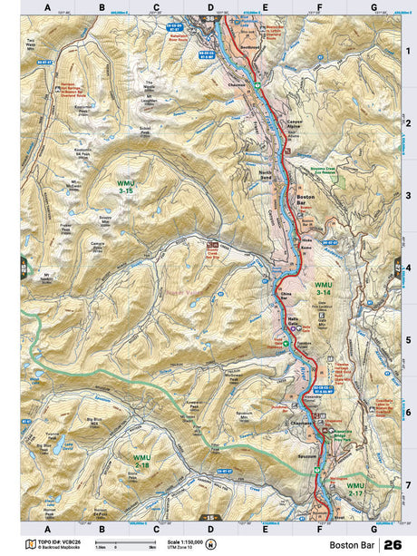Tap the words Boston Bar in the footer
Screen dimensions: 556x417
351,545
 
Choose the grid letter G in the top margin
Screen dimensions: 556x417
373,9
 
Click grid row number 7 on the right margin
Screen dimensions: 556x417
408,485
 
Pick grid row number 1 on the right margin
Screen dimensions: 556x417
408,51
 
